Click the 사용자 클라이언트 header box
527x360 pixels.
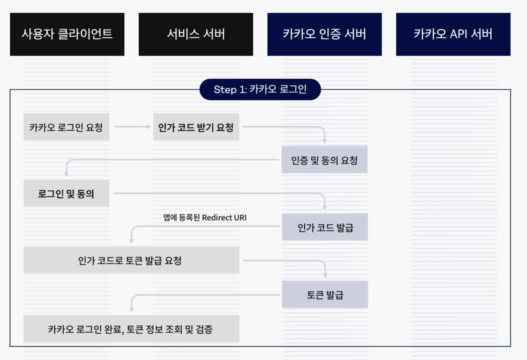[67, 34]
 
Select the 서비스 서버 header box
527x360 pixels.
[196, 34]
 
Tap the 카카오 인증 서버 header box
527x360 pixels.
[325, 34]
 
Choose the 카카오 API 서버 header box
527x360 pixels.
[453, 34]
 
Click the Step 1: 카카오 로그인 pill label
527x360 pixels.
[260, 89]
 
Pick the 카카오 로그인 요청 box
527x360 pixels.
[67, 127]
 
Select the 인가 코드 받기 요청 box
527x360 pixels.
[196, 127]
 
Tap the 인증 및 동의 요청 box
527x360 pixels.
[325, 160]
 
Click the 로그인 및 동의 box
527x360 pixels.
[67, 194]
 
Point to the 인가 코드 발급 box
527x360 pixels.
[325, 227]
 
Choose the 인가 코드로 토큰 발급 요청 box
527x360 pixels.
[131, 260]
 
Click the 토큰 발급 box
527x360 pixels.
[325, 295]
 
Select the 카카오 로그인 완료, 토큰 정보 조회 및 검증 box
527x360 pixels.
[131, 329]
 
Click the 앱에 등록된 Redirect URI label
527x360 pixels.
[205, 218]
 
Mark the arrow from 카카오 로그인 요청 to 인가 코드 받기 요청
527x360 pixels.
[132, 127]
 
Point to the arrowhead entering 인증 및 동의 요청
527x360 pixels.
[325, 141]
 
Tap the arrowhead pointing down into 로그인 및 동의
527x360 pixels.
[67, 174]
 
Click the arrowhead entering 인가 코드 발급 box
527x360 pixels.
[325, 208]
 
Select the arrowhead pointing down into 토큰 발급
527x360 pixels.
[325, 275]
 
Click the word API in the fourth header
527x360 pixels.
[458, 34]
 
